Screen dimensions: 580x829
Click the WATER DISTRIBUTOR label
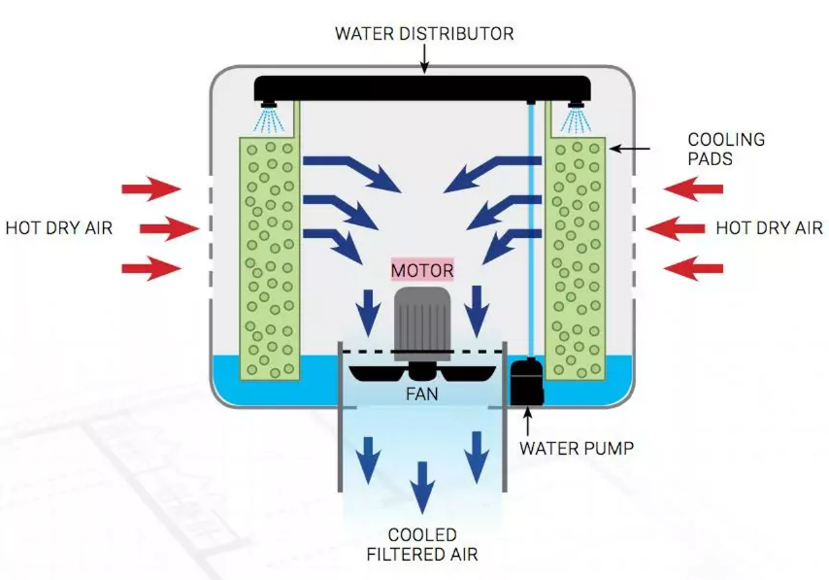(423, 34)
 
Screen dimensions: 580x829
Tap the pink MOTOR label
(421, 269)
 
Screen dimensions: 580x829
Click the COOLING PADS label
(725, 149)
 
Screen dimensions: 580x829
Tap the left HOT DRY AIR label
(59, 228)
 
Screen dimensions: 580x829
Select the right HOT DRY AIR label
(769, 228)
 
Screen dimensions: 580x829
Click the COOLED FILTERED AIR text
(421, 545)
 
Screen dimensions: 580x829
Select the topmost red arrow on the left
(150, 188)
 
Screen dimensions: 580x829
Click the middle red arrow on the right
(676, 228)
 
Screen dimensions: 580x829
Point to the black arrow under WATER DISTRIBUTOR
(423, 60)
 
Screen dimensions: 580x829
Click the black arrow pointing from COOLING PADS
(631, 149)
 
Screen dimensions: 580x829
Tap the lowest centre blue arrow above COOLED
(421, 487)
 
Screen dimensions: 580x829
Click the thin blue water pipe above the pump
(531, 233)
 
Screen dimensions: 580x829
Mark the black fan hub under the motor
(421, 370)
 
